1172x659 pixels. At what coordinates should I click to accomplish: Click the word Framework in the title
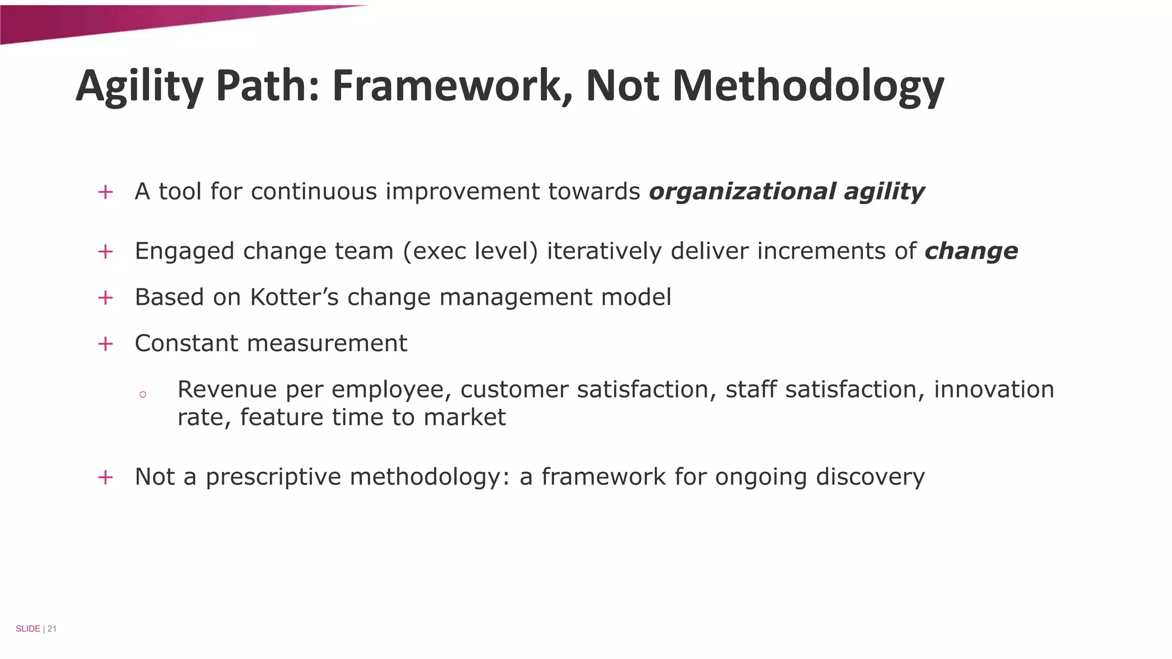coord(452,86)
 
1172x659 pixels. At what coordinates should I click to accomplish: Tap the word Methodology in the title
coord(807,86)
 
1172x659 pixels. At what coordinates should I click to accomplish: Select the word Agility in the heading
coord(139,86)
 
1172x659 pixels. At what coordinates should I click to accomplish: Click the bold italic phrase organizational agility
coord(786,192)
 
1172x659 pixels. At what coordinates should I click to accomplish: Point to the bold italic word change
coord(971,251)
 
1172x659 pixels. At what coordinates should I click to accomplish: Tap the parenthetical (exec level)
coord(470,251)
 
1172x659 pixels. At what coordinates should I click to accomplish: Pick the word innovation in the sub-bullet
coord(994,390)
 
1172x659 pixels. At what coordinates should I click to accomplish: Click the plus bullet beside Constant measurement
coord(105,344)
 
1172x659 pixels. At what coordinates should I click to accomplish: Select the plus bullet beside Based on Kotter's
coord(105,297)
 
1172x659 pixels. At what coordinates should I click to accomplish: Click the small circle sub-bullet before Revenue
coord(142,394)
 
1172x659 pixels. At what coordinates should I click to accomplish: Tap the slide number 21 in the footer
coord(52,629)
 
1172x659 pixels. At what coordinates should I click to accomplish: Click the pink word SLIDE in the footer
coord(27,629)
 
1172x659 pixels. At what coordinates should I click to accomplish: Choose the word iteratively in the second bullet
coord(604,251)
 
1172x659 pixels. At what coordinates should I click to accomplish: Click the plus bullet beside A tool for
coord(105,192)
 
